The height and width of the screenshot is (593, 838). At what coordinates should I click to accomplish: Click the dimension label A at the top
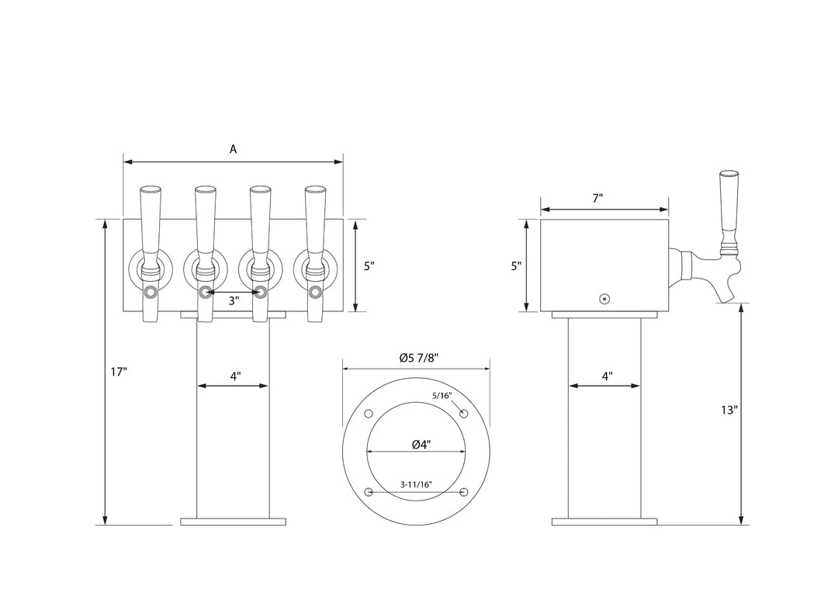[233, 149]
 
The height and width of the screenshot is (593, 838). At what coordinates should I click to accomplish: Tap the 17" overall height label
[118, 372]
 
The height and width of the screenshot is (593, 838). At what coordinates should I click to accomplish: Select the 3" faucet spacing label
[233, 300]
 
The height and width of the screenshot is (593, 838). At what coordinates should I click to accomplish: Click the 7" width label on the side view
[597, 199]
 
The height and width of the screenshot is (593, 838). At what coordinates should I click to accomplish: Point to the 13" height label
[728, 411]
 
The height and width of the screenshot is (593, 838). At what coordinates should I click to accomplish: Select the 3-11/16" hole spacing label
[416, 484]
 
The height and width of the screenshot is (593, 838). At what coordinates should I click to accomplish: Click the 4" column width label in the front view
[235, 376]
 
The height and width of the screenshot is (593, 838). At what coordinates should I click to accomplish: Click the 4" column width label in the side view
[607, 376]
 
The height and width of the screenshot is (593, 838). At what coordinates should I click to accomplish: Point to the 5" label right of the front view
[369, 265]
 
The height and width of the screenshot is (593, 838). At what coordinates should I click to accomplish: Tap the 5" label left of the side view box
[516, 265]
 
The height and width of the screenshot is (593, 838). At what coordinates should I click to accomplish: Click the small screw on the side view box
[605, 299]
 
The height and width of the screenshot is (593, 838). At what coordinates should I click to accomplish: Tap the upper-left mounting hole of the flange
[369, 412]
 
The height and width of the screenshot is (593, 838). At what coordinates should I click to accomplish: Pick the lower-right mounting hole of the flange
[464, 492]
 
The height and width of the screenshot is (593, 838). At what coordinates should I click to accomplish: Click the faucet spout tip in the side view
[727, 297]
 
